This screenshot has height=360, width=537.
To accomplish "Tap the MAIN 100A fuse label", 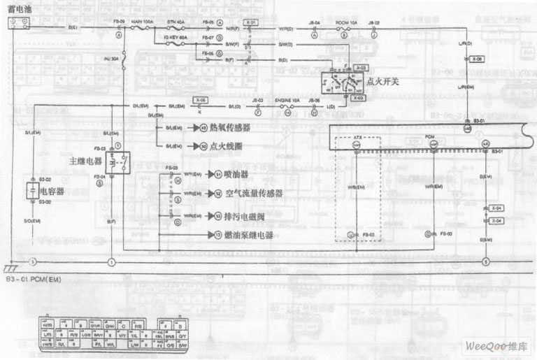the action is coord(143,22).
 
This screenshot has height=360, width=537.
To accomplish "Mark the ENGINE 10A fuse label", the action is coord(282,101).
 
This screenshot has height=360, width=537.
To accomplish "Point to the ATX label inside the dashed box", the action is coord(357,138).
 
